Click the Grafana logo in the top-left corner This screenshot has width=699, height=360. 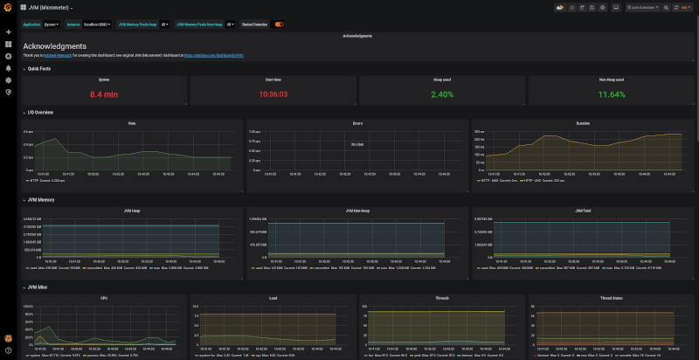tap(8, 8)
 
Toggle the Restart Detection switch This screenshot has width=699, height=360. tap(280, 24)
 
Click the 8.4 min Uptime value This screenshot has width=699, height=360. tap(105, 93)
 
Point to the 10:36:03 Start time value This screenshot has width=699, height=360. tap(273, 93)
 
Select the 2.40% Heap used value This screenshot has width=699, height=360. tap(442, 93)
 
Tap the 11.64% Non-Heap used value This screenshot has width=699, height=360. tap(612, 93)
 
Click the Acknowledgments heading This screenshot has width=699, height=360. tap(54, 45)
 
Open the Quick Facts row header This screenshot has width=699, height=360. tap(39, 67)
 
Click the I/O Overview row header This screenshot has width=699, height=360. tap(40, 112)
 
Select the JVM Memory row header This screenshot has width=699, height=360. tap(40, 199)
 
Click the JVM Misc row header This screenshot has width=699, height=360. tap(38, 287)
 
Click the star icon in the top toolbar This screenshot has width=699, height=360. tap(572, 7)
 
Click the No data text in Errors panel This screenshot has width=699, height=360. tap(356, 143)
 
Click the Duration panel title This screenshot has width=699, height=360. tap(583, 123)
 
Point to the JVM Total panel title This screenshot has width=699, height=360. tap(583, 211)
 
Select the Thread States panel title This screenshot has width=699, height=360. tap(612, 298)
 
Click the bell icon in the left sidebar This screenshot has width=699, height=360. tap(8, 67)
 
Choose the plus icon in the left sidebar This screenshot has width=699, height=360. tap(8, 32)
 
